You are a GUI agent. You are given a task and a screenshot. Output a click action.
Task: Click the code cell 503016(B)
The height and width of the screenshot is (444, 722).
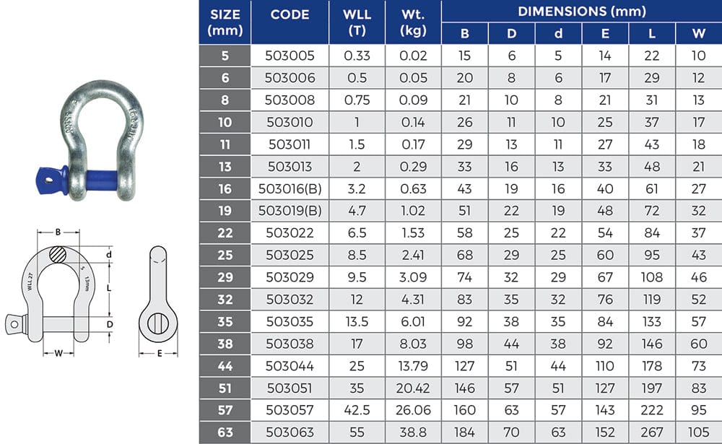[x=289, y=189]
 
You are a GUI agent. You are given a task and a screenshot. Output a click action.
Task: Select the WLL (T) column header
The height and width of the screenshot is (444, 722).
[x=357, y=22]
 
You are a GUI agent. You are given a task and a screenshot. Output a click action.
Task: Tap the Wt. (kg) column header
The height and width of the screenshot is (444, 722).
[x=413, y=22]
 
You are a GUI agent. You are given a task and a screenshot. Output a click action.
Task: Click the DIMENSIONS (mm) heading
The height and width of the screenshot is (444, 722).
[x=581, y=11]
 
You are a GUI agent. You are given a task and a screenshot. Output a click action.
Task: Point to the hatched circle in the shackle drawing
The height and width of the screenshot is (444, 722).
[x=58, y=256]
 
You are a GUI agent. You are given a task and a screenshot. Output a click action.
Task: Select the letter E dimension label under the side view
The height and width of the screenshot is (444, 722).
[x=158, y=354]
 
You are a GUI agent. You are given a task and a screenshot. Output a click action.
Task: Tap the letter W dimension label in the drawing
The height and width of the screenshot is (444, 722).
[x=57, y=353]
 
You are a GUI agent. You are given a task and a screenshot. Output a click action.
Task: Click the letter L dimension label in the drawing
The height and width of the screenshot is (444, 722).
[x=108, y=287]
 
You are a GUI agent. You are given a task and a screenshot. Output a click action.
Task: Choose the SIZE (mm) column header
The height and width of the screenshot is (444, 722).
[x=225, y=22]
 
